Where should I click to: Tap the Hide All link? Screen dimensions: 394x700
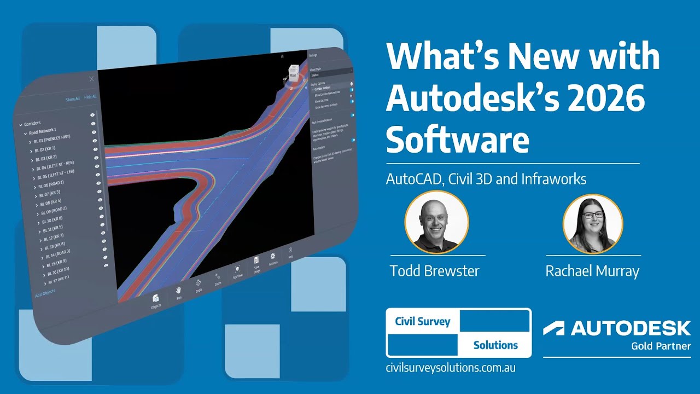tap(90, 97)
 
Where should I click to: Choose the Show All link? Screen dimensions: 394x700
tap(72, 99)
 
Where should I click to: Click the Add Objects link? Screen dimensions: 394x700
tap(45, 293)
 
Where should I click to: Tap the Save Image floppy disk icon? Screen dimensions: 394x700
tap(255, 261)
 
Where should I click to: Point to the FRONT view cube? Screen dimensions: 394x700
tap(294, 71)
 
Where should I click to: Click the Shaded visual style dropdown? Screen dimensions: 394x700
tap(330, 75)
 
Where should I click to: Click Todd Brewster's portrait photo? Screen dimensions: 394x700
tap(436, 222)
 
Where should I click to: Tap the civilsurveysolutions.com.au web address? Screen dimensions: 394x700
tap(451, 368)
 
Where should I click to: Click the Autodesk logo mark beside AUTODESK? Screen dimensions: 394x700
tap(553, 328)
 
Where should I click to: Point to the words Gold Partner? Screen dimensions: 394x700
tap(661, 346)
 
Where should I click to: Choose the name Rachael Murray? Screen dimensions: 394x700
tap(592, 271)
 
